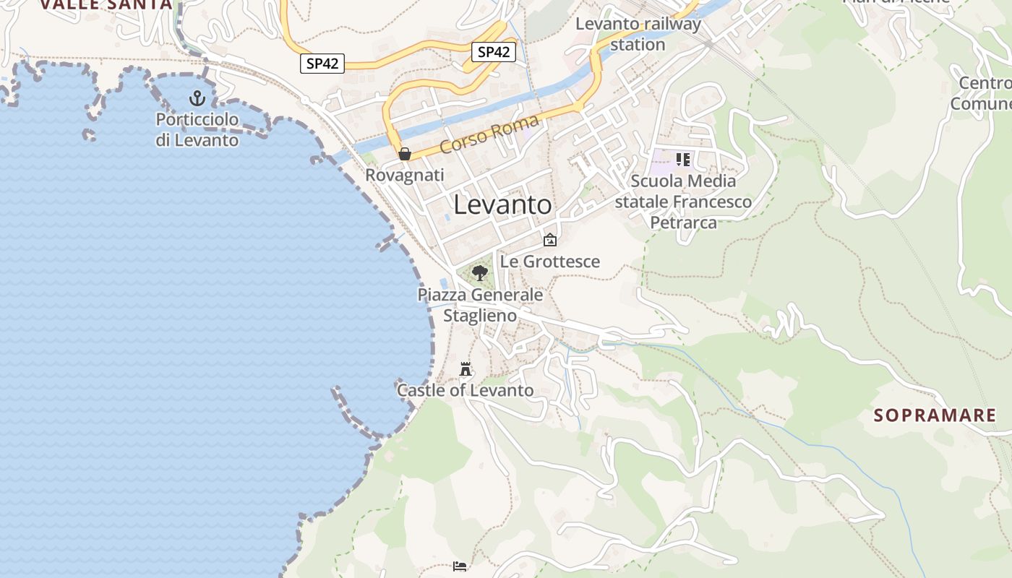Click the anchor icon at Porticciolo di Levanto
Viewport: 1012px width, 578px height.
click(x=197, y=98)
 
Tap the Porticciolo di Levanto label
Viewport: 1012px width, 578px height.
click(x=197, y=129)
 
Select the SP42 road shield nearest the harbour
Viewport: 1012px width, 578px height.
click(x=322, y=64)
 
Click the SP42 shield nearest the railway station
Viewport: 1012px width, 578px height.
click(x=494, y=52)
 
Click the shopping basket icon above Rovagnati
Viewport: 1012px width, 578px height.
click(x=405, y=154)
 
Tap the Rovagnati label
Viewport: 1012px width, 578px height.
click(x=405, y=175)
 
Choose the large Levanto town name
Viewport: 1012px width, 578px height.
click(x=502, y=204)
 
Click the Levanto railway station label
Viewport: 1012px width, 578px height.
click(x=638, y=34)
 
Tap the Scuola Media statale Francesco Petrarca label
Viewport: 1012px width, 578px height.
click(x=683, y=202)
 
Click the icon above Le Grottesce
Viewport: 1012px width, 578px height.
click(x=550, y=240)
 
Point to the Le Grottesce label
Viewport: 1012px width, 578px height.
click(x=550, y=262)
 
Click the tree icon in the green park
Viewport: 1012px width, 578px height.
click(x=479, y=273)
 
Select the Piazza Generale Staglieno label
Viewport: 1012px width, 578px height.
click(x=480, y=305)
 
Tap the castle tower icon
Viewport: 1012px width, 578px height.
click(x=466, y=369)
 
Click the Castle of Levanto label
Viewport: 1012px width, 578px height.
click(x=466, y=391)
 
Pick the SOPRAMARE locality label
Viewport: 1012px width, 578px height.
click(x=935, y=415)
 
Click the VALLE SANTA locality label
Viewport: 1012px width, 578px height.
click(x=106, y=4)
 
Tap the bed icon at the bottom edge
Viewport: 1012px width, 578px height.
click(x=460, y=566)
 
